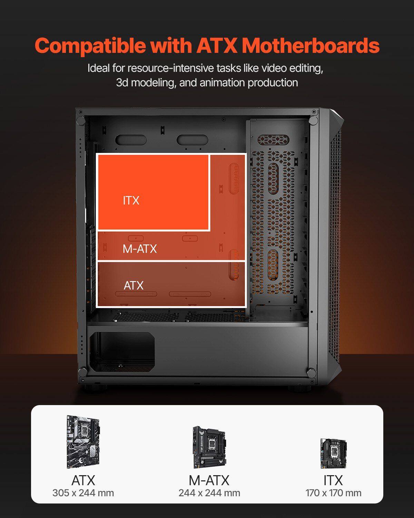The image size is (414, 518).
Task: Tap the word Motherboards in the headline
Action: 310,45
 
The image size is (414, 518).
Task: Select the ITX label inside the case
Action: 131,200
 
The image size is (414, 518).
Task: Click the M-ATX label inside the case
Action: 140,249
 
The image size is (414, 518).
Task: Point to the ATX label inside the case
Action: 134,286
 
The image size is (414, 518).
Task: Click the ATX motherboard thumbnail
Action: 83,442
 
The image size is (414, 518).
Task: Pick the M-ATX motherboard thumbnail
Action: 209,447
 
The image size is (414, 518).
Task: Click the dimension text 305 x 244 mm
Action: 83,493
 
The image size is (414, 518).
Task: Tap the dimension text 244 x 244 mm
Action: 209,493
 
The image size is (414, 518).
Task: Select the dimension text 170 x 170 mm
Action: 333,493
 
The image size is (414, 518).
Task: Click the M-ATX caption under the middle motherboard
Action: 209,480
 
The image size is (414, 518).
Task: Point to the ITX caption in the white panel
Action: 333,480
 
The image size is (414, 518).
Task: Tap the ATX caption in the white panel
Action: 83,480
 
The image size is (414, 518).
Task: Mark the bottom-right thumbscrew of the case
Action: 311,372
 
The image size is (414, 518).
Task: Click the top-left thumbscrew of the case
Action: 80,121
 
